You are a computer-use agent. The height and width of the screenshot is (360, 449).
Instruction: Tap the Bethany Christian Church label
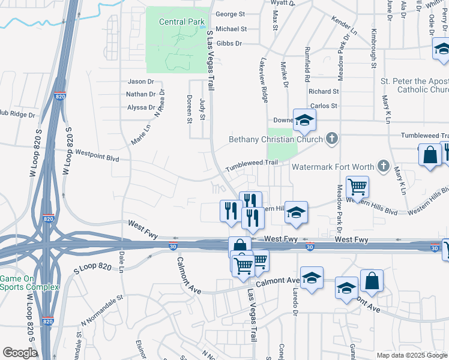(x=276, y=140)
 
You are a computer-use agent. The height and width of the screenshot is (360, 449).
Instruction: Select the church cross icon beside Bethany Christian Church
(x=331, y=139)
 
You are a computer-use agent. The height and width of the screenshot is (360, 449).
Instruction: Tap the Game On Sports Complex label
(x=29, y=283)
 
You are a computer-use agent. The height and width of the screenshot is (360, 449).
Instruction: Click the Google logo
(x=20, y=353)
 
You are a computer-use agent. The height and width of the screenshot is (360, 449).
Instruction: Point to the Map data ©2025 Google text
(x=411, y=355)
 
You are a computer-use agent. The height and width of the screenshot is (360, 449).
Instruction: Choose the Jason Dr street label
(x=141, y=82)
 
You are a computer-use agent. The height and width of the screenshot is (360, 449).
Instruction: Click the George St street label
(x=231, y=14)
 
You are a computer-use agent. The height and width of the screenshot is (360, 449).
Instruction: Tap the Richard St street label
(x=324, y=91)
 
